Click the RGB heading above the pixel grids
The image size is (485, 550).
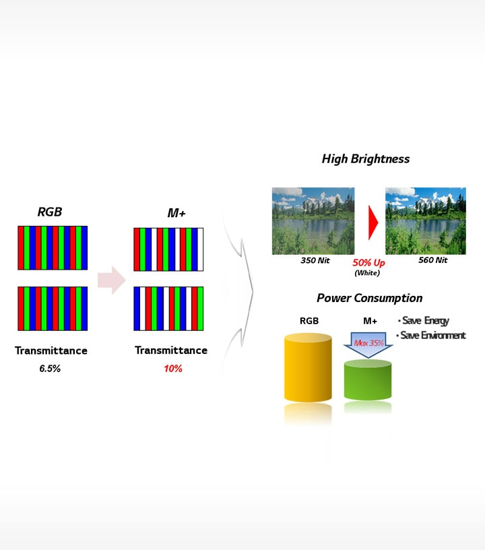(x=49, y=212)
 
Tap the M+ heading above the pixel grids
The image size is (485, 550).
(x=176, y=213)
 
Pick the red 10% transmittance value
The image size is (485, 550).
(x=172, y=369)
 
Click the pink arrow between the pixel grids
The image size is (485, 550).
(x=111, y=280)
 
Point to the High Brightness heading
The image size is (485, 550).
(x=365, y=159)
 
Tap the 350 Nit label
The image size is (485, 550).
(x=315, y=260)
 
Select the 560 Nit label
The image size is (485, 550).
(x=432, y=260)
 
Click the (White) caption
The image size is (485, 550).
(x=368, y=272)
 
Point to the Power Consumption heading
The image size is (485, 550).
(x=369, y=298)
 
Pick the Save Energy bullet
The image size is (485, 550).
(x=424, y=320)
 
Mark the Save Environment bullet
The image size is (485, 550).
(x=432, y=335)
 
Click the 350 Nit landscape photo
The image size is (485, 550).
(x=313, y=221)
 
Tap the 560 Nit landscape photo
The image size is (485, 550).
(x=425, y=221)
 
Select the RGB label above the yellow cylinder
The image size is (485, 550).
(x=309, y=321)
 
